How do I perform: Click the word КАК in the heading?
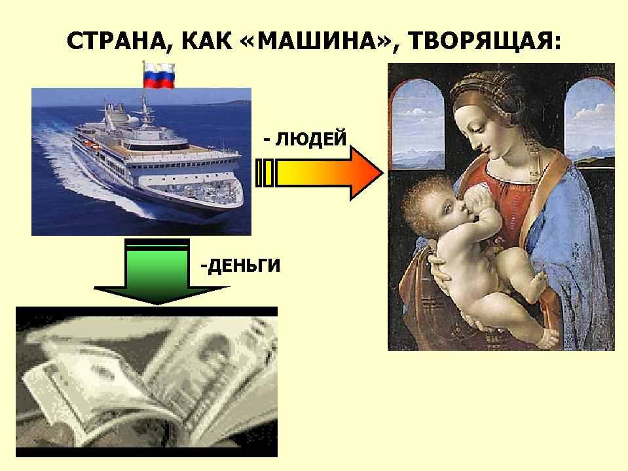(x=207, y=41)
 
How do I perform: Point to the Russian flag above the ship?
(x=159, y=75)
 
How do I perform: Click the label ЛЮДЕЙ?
(x=310, y=139)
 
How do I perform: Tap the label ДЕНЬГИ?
(x=244, y=265)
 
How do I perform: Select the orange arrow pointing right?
(x=319, y=173)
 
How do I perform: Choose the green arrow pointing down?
(x=157, y=271)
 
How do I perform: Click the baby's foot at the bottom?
(x=549, y=339)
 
